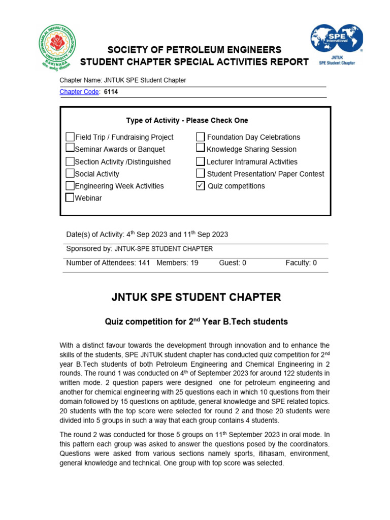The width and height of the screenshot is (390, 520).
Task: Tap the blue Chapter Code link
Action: click(x=80, y=92)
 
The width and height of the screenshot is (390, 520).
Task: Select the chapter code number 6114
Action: click(x=111, y=92)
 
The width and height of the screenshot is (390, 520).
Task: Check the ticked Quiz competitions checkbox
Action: click(x=201, y=186)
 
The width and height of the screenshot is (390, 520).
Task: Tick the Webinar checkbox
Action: click(x=70, y=198)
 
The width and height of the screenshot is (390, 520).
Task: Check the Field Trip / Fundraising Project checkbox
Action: click(x=70, y=137)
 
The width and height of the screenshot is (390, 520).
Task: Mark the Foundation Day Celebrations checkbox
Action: click(x=201, y=137)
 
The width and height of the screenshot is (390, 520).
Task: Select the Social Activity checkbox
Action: click(x=70, y=174)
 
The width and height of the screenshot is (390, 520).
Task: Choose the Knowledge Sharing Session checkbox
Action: click(x=201, y=149)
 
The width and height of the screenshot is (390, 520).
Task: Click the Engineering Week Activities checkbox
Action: click(x=70, y=186)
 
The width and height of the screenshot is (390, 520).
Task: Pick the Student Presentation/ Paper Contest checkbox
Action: click(x=201, y=174)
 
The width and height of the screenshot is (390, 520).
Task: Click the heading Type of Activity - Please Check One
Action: click(x=187, y=120)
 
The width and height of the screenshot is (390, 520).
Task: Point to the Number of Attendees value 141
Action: click(x=144, y=263)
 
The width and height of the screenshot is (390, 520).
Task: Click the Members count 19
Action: click(x=193, y=263)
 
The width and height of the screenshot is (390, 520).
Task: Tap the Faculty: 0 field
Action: click(x=301, y=263)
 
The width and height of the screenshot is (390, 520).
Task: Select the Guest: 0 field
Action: click(x=233, y=263)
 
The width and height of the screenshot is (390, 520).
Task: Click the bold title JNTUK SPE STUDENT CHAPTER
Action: click(x=196, y=298)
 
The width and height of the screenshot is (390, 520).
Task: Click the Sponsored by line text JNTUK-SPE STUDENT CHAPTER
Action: click(x=164, y=249)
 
